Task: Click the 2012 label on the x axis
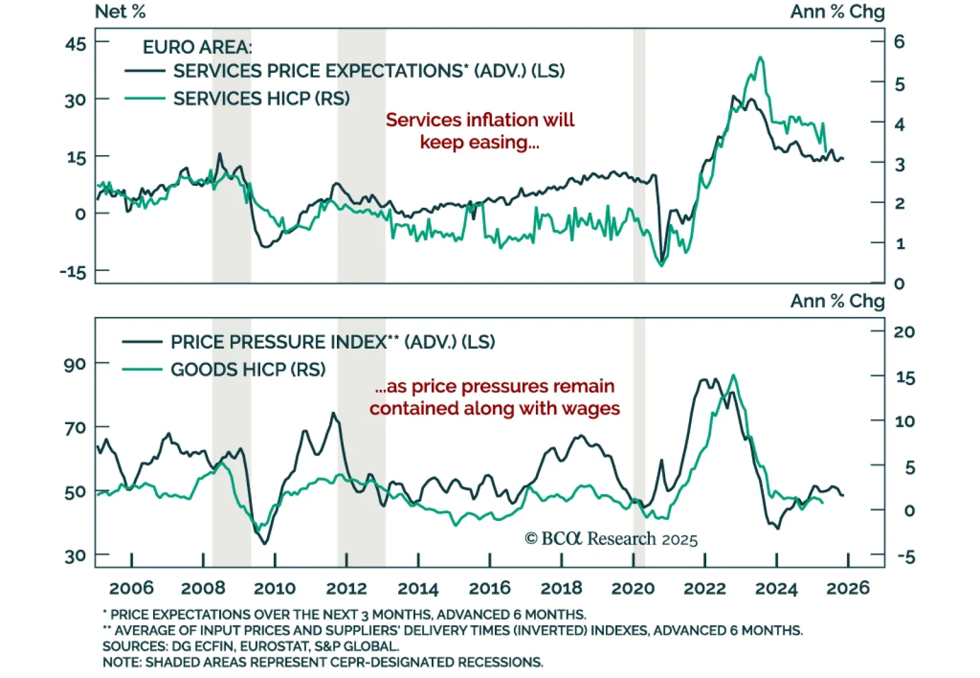(346, 588)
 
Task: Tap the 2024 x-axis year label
(776, 588)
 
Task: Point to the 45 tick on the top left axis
(77, 44)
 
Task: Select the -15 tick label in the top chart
(73, 272)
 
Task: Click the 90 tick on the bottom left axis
(75, 365)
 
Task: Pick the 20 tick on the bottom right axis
(904, 332)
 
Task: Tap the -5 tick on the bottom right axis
(906, 557)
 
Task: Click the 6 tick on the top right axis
(899, 42)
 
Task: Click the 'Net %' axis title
(120, 12)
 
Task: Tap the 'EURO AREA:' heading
(197, 47)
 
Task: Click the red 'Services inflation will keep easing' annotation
(480, 131)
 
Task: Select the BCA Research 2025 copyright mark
(611, 539)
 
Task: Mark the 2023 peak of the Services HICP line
(760, 58)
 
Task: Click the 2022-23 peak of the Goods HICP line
(733, 375)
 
